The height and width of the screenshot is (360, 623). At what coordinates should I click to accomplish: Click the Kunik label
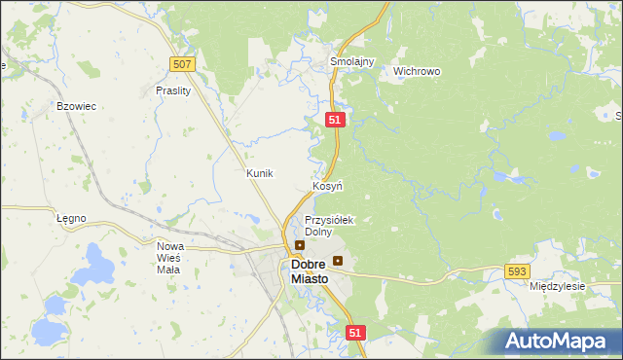260,172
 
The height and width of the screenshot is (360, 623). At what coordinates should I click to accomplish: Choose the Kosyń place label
327,185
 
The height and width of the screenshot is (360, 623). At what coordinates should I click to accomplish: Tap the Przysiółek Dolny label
329,226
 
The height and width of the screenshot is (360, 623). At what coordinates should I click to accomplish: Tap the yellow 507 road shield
182,63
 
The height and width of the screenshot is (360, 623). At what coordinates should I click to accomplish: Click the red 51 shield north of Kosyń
335,119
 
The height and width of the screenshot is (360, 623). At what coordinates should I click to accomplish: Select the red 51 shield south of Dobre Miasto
354,333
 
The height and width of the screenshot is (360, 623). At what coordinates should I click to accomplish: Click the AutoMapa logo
557,341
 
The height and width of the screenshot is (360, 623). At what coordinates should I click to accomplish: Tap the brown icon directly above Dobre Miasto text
300,245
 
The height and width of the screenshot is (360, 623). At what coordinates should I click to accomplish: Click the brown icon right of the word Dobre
338,261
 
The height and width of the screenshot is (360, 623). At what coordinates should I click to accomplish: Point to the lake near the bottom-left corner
47,333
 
